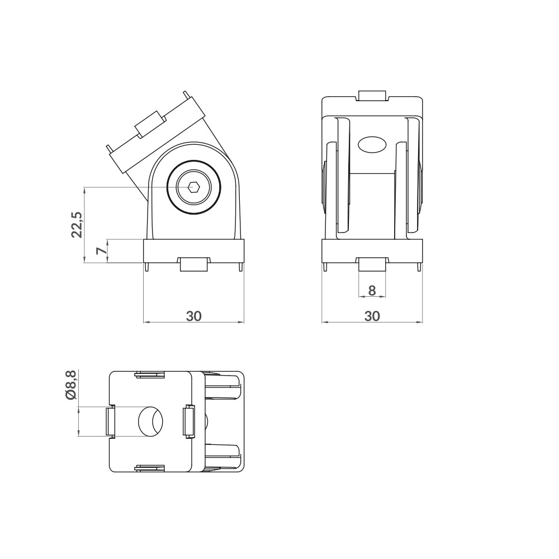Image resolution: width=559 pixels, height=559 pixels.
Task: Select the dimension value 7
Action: click(x=101, y=251)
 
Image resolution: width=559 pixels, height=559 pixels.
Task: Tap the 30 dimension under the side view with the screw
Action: click(x=193, y=316)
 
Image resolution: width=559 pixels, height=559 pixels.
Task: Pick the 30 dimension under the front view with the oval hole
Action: click(x=372, y=316)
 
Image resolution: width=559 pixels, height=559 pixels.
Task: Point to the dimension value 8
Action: click(x=372, y=290)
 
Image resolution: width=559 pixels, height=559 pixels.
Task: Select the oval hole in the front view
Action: click(x=372, y=145)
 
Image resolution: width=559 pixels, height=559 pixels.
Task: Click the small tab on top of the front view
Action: click(x=372, y=96)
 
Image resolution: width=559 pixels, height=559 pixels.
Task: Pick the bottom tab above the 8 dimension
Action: click(x=372, y=264)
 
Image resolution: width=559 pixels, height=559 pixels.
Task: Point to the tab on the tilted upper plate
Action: click(x=149, y=124)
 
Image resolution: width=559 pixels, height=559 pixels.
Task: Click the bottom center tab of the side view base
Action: click(x=194, y=264)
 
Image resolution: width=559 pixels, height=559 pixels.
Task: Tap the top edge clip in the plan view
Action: click(x=150, y=375)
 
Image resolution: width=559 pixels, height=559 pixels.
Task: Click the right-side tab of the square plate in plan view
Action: click(x=188, y=421)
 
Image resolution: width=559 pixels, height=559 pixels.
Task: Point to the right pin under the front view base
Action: click(x=419, y=268)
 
